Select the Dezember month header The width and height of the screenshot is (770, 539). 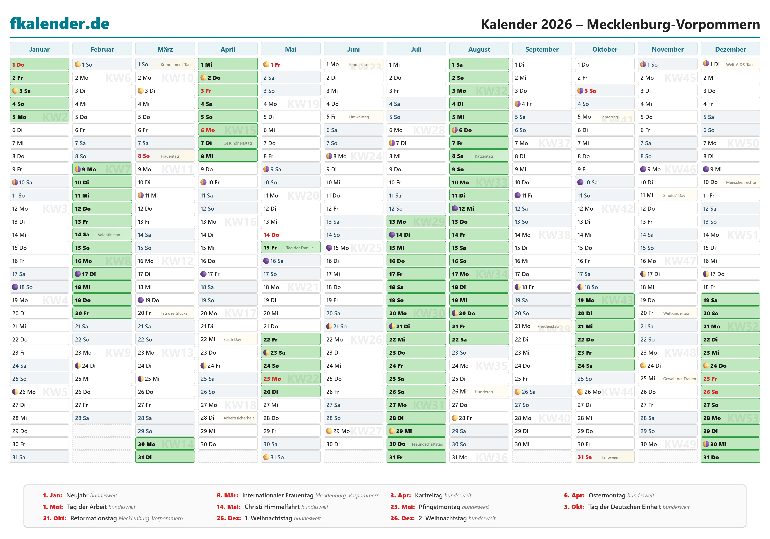coord(730,49)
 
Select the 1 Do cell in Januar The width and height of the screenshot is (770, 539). coord(39,64)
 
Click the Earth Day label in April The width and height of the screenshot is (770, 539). coord(232,339)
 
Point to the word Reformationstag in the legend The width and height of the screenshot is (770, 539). coord(94,518)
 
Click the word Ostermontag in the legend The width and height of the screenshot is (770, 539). coord(607,495)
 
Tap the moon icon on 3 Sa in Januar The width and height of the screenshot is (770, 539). coord(15,90)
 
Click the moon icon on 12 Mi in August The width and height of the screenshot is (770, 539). coord(454,208)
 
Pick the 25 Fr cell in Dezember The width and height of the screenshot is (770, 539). coord(730,379)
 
